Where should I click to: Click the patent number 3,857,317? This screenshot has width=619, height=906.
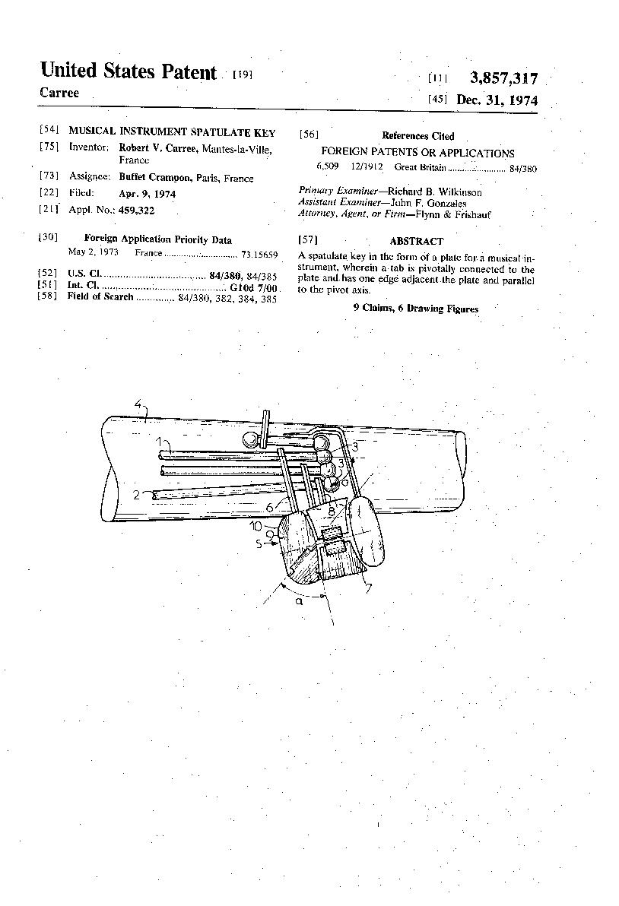click(503, 78)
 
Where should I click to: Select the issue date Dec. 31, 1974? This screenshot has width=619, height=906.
click(497, 100)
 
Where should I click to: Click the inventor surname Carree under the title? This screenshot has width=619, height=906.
click(59, 93)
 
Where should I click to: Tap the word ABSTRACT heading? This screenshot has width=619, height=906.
click(416, 241)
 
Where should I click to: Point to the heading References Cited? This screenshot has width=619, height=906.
click(417, 136)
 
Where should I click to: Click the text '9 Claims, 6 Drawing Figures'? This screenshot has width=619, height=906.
click(415, 309)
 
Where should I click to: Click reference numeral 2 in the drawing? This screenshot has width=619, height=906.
click(137, 495)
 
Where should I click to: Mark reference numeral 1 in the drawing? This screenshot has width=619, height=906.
click(159, 441)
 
